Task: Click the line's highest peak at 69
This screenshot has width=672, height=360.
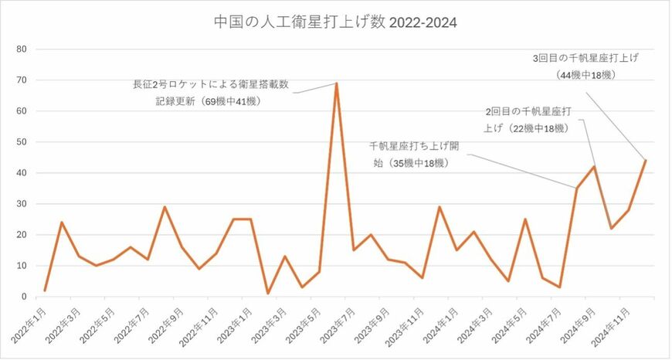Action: click(336, 83)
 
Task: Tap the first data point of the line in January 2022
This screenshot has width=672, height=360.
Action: click(45, 290)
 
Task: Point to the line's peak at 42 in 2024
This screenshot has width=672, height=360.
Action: click(593, 167)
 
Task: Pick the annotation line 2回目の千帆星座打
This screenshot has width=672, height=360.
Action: click(533, 111)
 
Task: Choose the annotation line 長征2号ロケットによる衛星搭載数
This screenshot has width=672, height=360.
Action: click(211, 84)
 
